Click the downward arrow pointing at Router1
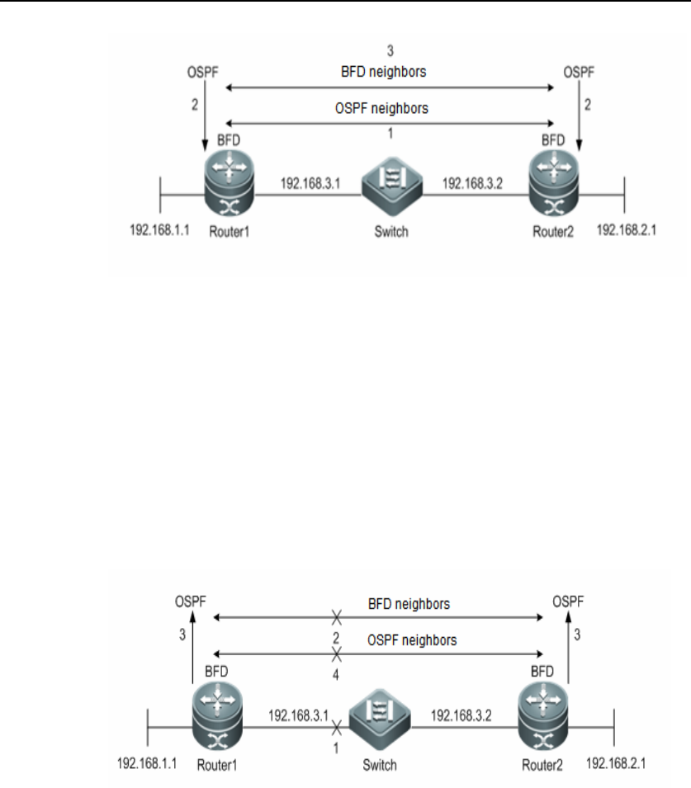pyautogui.click(x=205, y=121)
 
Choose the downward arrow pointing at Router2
pyautogui.click(x=579, y=121)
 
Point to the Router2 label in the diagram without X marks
pyautogui.click(x=556, y=232)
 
